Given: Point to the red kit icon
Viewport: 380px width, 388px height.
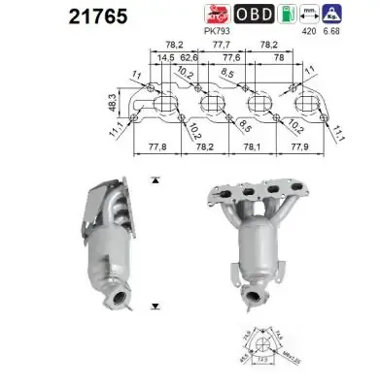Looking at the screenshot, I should (218, 13).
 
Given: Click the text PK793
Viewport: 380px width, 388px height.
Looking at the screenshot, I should (218, 30).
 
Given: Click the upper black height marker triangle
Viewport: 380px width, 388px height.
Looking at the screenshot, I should (155, 181).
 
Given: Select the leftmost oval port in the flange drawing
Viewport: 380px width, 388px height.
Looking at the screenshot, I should (165, 103).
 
